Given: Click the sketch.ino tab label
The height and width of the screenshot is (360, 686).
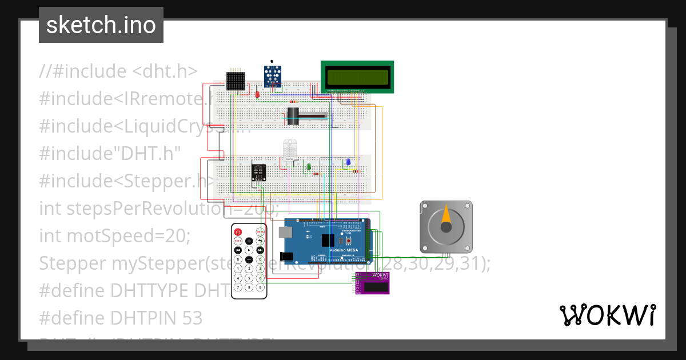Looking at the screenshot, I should click(x=101, y=25).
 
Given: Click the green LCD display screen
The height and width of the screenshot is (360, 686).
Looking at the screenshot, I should click(x=357, y=76).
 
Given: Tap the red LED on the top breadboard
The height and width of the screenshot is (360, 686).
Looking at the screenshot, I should click(x=257, y=94).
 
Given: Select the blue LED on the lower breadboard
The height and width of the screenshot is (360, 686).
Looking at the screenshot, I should click(x=348, y=162).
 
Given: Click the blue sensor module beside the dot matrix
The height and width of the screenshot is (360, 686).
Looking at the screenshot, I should click(x=273, y=75).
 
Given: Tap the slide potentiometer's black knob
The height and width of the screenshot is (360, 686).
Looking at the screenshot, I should click(x=294, y=116).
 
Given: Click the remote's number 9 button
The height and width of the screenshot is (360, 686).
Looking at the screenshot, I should click(x=260, y=287).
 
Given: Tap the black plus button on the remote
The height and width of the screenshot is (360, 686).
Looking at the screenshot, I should click(x=249, y=241).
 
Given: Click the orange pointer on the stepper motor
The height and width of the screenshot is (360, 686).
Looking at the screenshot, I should click(x=446, y=217).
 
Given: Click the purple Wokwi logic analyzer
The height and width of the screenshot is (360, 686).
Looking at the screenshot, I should click(x=372, y=283).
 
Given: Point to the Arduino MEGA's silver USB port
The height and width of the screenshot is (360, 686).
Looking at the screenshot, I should click(x=285, y=231).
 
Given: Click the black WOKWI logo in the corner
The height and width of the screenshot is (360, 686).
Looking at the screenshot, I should click(x=607, y=315).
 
